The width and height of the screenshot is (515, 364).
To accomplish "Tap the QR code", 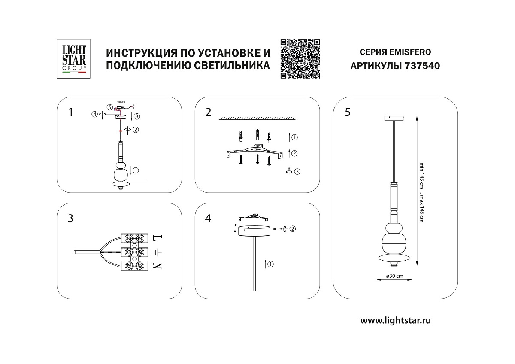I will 300,59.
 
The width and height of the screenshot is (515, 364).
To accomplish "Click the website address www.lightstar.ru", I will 395,320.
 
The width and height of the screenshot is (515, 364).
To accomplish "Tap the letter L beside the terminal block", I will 157,237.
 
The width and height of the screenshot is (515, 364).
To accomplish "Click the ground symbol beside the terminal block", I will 157,252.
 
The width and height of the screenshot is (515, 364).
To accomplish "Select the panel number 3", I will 70,218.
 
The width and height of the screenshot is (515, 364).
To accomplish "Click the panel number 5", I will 347,112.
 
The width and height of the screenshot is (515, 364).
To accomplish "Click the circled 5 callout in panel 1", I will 110,107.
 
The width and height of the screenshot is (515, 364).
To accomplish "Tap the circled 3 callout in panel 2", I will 297,172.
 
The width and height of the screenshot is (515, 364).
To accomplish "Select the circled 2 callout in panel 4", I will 292,228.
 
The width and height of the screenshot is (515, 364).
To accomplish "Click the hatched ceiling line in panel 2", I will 257,118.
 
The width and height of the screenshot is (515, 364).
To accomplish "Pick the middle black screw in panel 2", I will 257,159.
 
